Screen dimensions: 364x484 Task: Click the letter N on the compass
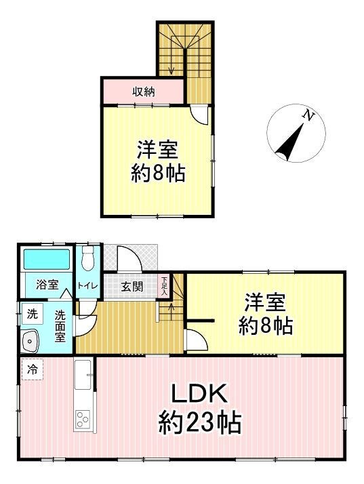[308, 115]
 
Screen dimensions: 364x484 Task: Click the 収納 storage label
[144, 92]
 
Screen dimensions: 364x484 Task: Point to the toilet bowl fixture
[88, 259]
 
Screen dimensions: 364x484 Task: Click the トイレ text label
[87, 286]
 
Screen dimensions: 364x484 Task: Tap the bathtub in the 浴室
[47, 259]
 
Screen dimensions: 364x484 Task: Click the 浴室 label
[47, 285]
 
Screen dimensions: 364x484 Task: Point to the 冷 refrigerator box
[32, 369]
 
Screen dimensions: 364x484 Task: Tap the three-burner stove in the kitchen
[83, 419]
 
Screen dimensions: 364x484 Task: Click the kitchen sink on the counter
[83, 374]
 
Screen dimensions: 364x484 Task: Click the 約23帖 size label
[200, 422]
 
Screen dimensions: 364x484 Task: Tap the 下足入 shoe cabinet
[164, 285]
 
